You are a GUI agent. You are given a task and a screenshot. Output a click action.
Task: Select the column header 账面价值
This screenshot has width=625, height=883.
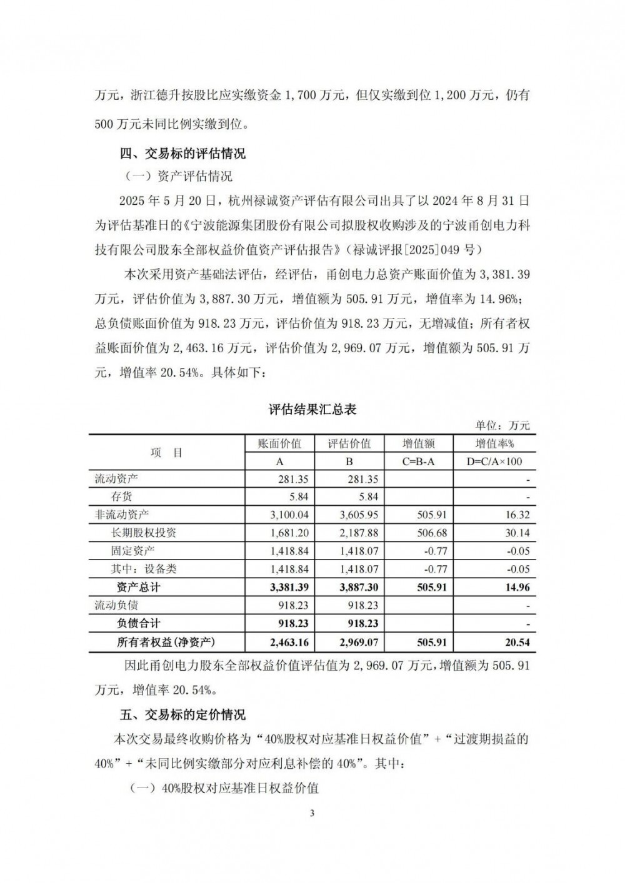click(x=279, y=444)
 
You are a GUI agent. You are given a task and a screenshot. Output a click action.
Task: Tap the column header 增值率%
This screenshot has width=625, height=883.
click(x=494, y=444)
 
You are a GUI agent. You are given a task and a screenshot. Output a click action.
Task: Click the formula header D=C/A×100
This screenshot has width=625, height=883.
click(x=494, y=461)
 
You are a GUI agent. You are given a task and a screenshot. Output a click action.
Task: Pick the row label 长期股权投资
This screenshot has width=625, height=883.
click(x=144, y=533)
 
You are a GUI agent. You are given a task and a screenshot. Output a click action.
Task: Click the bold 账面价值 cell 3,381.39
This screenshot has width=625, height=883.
click(x=287, y=587)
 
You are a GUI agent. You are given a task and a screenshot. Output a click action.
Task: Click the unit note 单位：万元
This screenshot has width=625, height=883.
click(x=502, y=425)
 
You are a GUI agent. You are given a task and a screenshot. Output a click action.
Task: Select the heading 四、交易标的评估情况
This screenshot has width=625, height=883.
click(x=182, y=154)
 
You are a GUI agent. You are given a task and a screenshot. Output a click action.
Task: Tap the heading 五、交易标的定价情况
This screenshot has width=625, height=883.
click(x=182, y=714)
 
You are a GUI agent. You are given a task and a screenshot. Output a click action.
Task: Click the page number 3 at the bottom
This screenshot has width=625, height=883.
click(x=312, y=813)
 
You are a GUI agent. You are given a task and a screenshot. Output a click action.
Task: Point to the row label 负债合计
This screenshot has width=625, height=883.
click(x=139, y=623)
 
